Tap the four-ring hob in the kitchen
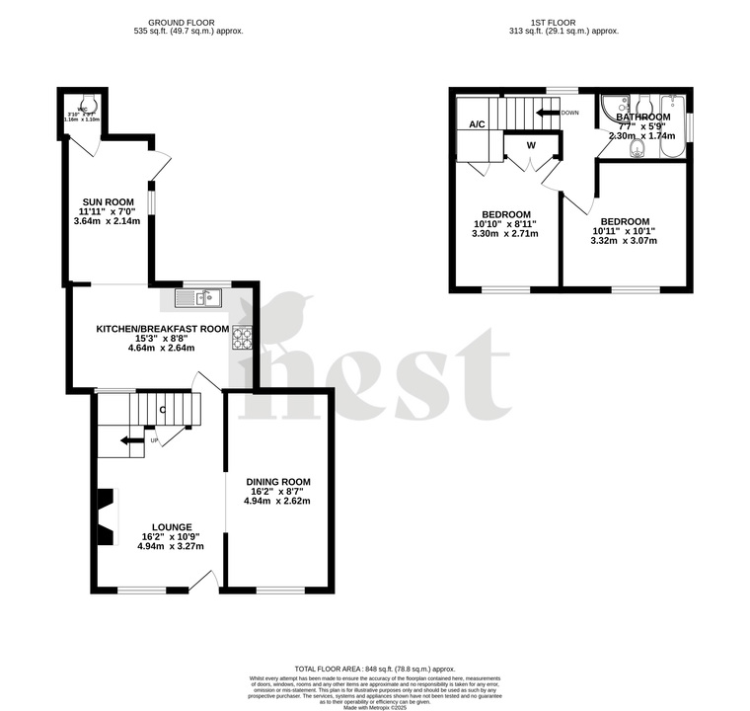point(242,339)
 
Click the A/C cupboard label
point(477,124)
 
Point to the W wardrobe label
point(530,145)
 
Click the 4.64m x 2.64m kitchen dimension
point(161,348)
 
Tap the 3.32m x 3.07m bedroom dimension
point(623,243)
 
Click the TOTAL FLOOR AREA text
point(375,669)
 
